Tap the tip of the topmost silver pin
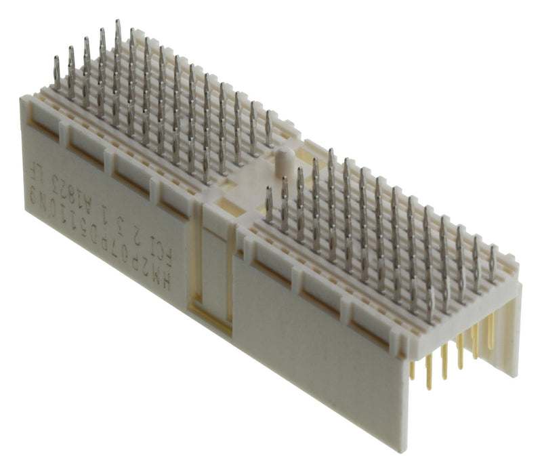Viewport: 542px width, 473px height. tap(118, 24)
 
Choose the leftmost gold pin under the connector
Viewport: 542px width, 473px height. tap(412, 369)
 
